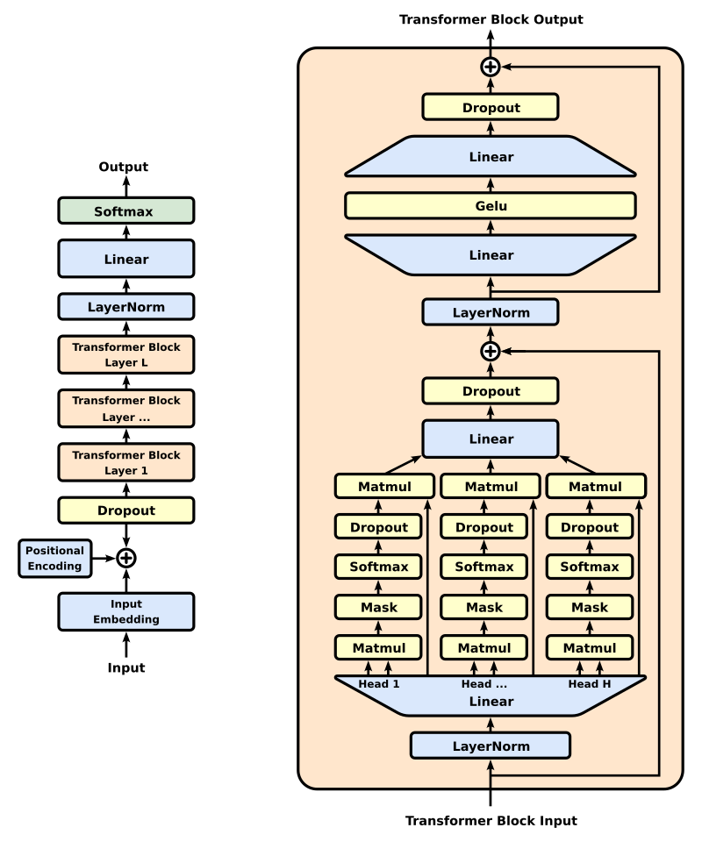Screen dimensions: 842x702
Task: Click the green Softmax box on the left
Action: point(125,211)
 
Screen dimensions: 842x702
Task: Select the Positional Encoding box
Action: point(55,559)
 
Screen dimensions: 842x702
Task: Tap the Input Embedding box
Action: point(125,611)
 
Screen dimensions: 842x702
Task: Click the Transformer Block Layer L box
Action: point(125,355)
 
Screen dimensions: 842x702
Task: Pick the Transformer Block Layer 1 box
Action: point(125,462)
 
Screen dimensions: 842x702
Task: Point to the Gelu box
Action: point(490,206)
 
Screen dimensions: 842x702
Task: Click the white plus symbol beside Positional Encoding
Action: point(126,558)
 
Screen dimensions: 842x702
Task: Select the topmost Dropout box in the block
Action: point(490,108)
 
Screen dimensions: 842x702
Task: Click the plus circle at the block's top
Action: point(490,67)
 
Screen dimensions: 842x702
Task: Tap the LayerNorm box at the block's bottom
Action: point(490,746)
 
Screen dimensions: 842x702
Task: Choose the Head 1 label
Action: point(379,684)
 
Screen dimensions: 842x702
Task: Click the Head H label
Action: point(590,684)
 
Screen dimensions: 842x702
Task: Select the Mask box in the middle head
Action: point(484,607)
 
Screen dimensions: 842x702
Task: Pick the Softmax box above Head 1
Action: point(378,567)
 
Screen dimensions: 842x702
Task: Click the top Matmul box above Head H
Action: point(595,487)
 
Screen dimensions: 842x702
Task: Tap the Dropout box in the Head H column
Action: point(589,527)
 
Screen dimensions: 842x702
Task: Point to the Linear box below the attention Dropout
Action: point(490,439)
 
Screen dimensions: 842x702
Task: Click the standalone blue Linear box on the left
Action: point(125,260)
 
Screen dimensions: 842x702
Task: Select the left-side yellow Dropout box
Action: point(125,510)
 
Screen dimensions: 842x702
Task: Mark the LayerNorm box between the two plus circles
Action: point(490,312)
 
